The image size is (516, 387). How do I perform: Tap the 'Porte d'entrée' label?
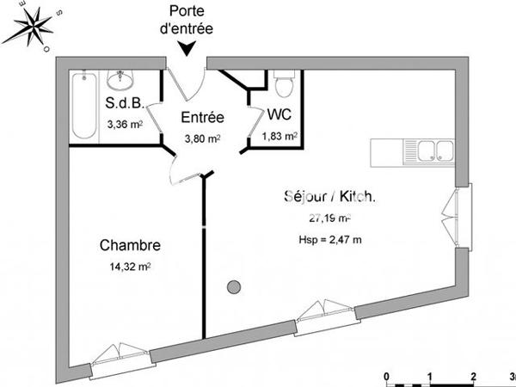191,19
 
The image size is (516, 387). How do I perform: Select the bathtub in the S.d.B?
83,107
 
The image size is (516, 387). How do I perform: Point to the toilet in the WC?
284,87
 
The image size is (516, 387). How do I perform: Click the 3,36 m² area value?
124,124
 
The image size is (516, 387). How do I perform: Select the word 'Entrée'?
203,117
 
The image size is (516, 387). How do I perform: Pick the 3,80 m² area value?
203,136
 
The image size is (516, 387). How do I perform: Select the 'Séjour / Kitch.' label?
329,197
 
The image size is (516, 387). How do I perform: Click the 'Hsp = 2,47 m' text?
329,239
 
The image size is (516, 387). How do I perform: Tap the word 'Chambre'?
129,246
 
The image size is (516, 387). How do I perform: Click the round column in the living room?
232,288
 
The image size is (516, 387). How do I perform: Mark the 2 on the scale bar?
473,376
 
